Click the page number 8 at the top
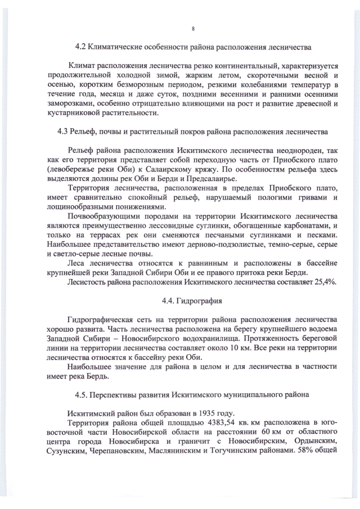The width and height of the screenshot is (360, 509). (x=193, y=28)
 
